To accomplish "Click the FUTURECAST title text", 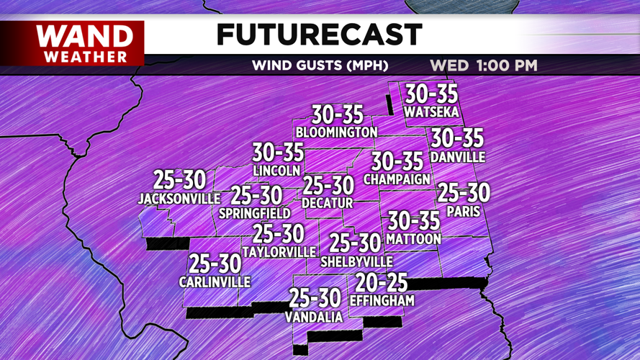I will [x=319, y=35].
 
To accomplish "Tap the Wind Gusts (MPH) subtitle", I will [x=320, y=66].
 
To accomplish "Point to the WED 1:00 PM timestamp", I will [x=484, y=66].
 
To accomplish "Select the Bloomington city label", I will [x=336, y=132].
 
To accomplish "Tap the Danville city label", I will [x=457, y=157].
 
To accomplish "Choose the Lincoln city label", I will [x=276, y=171].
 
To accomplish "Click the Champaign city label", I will [x=397, y=179].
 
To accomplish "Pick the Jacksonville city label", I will [x=179, y=198].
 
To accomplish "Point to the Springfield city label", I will [x=255, y=213].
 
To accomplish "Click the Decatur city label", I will [x=328, y=204].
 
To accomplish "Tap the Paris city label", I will [x=463, y=212].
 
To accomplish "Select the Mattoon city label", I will [x=413, y=238].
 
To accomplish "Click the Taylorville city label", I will [x=279, y=252].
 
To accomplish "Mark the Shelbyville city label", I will [x=356, y=261].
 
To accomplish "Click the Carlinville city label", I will [x=215, y=282].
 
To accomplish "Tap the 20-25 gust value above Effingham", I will [x=382, y=284].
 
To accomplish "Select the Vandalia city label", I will [x=313, y=317].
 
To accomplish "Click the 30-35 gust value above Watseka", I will [x=431, y=94].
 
